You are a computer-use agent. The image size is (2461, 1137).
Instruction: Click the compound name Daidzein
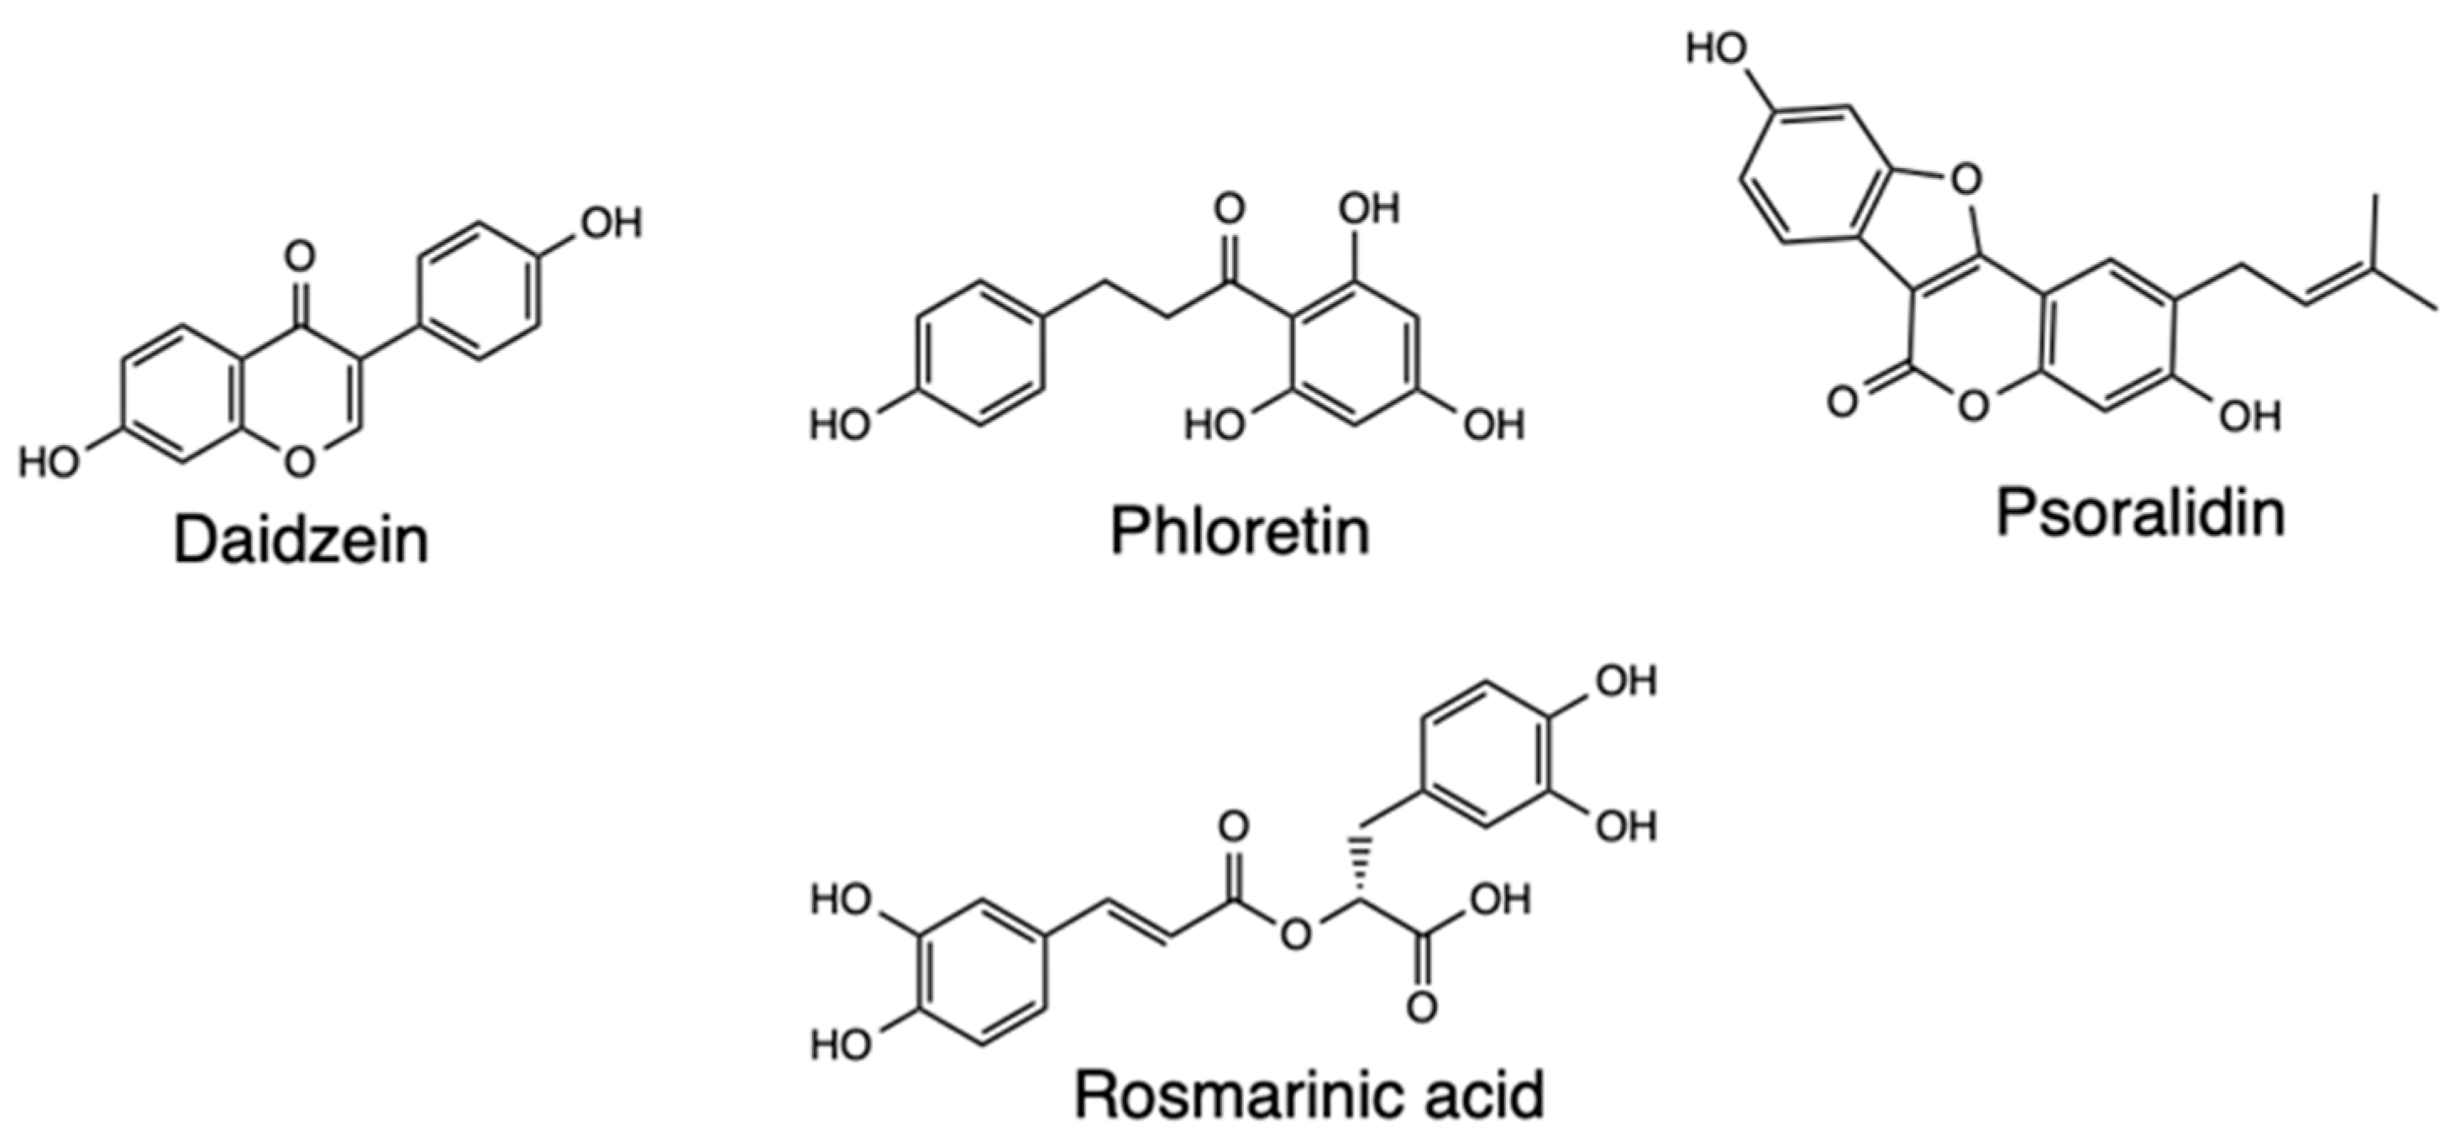(301, 541)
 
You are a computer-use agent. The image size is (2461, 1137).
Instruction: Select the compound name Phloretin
(1239, 532)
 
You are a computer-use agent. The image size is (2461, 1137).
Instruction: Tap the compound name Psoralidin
(2140, 513)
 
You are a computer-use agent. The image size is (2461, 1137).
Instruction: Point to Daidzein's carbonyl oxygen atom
(299, 256)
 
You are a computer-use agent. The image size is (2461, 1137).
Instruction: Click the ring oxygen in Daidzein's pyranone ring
(299, 462)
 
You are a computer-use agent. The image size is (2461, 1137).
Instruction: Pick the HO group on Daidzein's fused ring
(50, 463)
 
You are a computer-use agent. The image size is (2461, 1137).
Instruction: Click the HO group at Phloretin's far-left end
(841, 423)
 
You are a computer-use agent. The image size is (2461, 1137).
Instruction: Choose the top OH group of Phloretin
(1371, 208)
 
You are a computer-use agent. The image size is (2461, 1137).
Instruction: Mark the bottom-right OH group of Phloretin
(1495, 423)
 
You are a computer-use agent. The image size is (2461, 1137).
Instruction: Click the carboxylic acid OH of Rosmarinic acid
(1500, 900)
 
